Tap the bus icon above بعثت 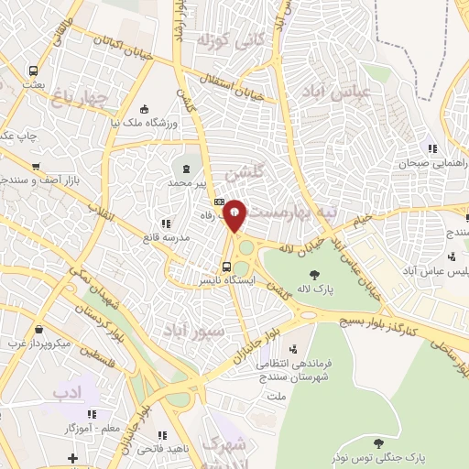pos(34,70)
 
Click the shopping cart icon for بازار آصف pos(36,167)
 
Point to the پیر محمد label pos(196,183)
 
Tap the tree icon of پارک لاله pos(314,274)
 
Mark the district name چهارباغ pos(80,93)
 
